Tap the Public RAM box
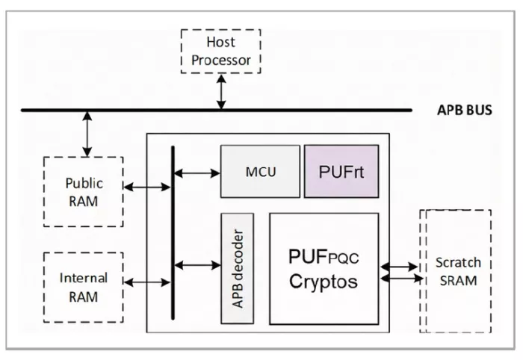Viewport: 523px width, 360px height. point(83,192)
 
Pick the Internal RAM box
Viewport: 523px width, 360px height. point(83,287)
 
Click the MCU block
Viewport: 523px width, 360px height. point(261,171)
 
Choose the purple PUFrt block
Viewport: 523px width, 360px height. point(341,171)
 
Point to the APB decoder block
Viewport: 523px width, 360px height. point(237,267)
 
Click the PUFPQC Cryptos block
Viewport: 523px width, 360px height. point(323,269)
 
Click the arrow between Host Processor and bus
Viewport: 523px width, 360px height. point(220,91)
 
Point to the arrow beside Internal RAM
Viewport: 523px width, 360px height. point(146,282)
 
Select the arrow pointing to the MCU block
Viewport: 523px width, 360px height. point(196,173)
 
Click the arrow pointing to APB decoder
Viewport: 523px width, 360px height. point(196,264)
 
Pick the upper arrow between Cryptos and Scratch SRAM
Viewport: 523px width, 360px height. point(400,265)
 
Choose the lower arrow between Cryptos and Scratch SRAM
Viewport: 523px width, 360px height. point(400,279)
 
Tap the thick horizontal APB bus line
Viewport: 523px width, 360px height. point(299,111)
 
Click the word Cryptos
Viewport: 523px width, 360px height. point(323,282)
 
